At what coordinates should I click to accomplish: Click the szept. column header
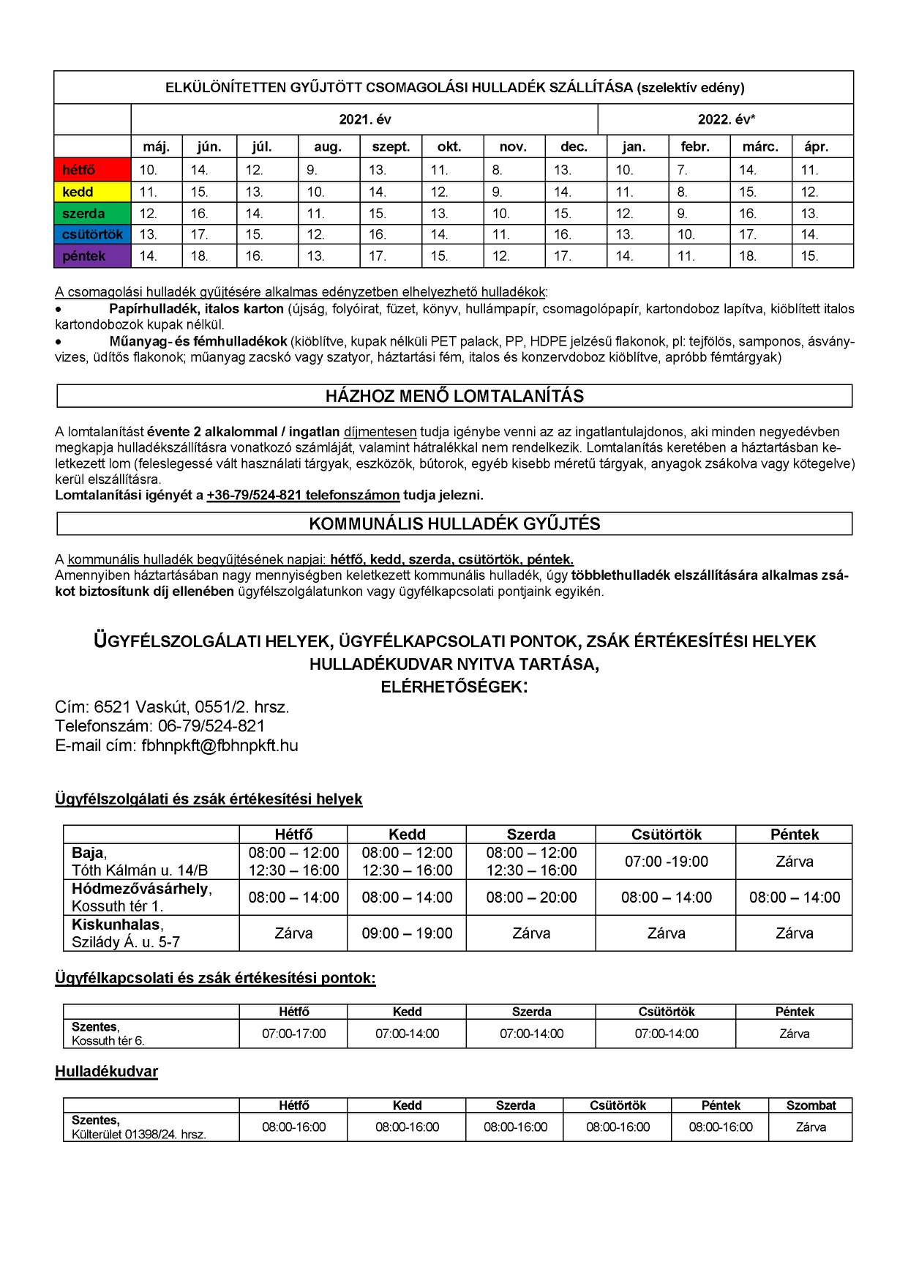[391, 146]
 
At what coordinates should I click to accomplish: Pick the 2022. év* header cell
[726, 119]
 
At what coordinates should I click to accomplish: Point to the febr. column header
[695, 146]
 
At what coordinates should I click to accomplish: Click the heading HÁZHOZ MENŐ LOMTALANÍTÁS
[454, 396]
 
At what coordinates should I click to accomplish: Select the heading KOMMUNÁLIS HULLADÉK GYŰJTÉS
[454, 523]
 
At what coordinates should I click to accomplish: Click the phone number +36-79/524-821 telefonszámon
[303, 495]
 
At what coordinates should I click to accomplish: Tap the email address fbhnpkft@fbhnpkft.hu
[220, 745]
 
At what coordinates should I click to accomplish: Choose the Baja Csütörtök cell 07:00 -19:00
[666, 862]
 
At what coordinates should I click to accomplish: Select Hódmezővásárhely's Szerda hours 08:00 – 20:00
[531, 897]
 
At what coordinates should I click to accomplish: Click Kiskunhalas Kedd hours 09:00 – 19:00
[407, 933]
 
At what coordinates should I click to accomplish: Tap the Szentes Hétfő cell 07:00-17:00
[293, 1034]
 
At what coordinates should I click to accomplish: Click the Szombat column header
[811, 1105]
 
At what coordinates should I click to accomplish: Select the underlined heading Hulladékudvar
[106, 1072]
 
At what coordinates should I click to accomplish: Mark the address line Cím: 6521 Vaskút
[172, 707]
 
